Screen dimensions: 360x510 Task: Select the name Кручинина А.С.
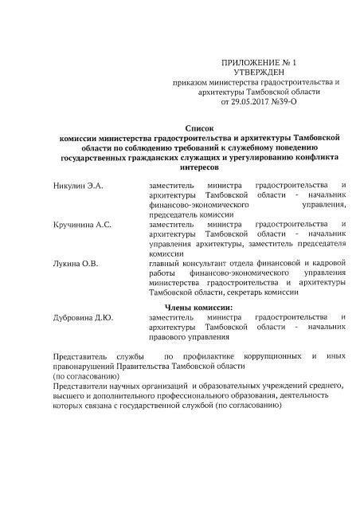(x=82, y=225)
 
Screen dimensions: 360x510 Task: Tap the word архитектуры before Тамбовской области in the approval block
(x=224, y=92)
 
